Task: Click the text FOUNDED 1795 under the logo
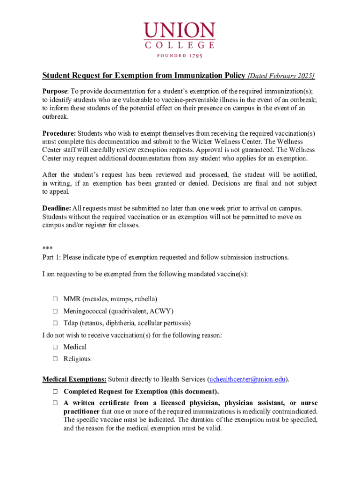[180, 55]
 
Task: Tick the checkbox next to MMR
[55, 299]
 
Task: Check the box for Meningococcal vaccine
[55, 311]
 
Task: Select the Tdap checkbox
[55, 323]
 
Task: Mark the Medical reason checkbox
[55, 347]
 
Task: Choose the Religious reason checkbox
[55, 359]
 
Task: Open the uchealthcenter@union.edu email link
[247, 379]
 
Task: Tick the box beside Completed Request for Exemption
[55, 392]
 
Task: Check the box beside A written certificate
[55, 403]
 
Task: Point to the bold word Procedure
[59, 133]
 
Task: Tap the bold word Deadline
[57, 208]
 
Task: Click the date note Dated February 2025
[281, 76]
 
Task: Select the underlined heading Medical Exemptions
[74, 379]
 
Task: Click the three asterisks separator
[47, 248]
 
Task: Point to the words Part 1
[51, 257]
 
